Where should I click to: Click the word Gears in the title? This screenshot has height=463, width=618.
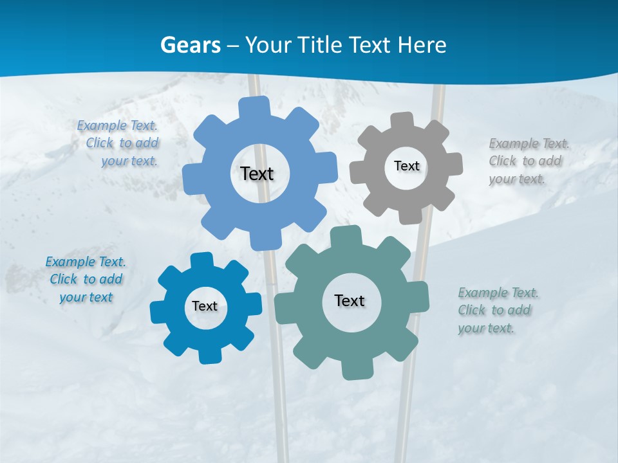190,46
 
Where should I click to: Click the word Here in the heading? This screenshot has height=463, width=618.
422,46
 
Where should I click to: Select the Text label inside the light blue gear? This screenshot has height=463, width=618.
257,174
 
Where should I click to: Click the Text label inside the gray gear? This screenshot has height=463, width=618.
406,166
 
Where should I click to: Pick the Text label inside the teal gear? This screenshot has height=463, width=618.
350,300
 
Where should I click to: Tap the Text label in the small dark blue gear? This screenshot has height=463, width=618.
205,306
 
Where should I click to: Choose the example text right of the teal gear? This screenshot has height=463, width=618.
498,311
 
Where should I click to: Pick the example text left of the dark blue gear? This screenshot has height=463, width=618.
86,280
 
